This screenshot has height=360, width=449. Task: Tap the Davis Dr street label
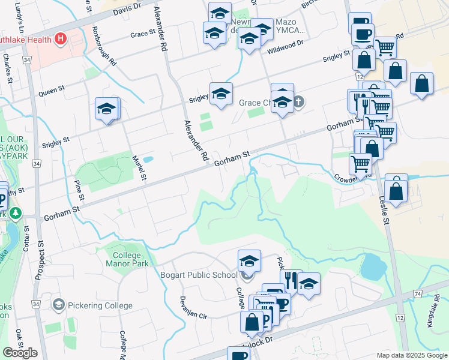tap(126, 8)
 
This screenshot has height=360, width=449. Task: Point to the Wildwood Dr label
tap(286, 44)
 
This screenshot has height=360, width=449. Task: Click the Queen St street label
tap(52, 91)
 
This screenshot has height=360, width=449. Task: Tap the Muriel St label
tap(139, 167)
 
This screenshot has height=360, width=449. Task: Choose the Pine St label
tap(78, 188)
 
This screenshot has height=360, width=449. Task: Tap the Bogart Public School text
tap(199, 275)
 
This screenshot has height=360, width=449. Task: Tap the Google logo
tap(20, 353)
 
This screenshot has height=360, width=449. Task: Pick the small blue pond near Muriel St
tap(148, 160)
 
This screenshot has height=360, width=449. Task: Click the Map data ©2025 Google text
tap(411, 355)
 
